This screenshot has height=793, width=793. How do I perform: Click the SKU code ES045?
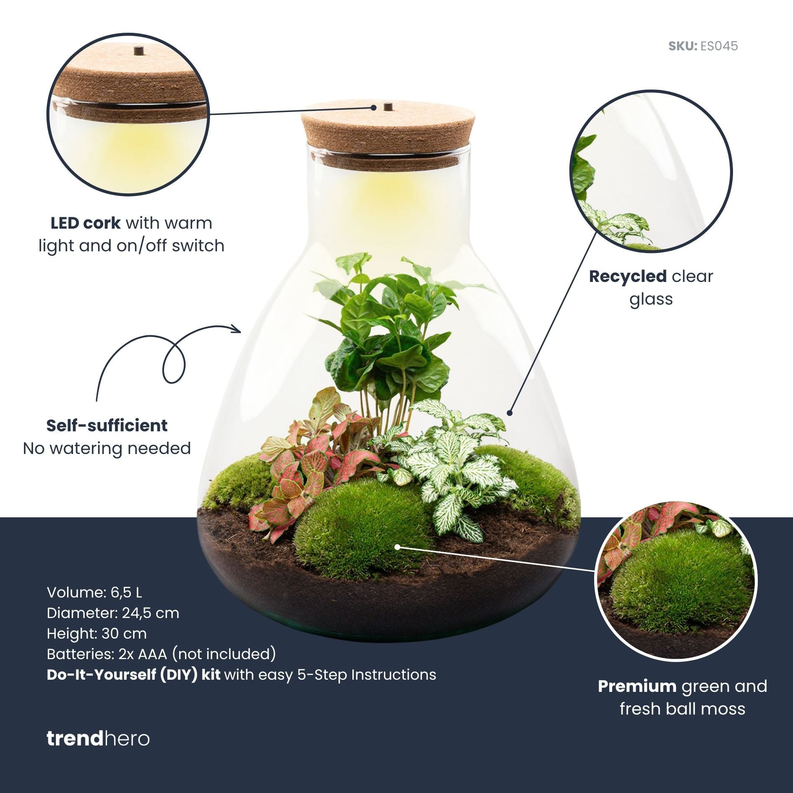click(719, 46)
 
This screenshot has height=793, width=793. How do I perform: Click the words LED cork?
click(86, 223)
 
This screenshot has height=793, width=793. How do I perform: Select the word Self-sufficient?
click(107, 425)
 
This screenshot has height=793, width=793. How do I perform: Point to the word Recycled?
click(628, 276)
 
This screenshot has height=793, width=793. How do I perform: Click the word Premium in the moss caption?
click(637, 686)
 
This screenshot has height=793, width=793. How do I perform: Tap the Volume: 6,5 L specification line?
click(94, 592)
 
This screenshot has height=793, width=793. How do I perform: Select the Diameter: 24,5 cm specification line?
click(113, 613)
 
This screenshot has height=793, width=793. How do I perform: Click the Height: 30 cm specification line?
click(97, 633)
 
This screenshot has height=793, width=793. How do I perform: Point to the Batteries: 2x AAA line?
click(161, 654)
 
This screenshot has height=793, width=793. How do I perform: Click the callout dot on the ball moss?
click(397, 547)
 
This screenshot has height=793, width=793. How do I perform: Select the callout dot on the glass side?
click(510, 413)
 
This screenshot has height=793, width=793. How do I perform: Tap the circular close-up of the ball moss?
click(676, 581)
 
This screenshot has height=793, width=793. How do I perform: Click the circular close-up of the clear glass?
click(651, 172)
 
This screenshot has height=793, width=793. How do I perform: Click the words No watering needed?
click(107, 448)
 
